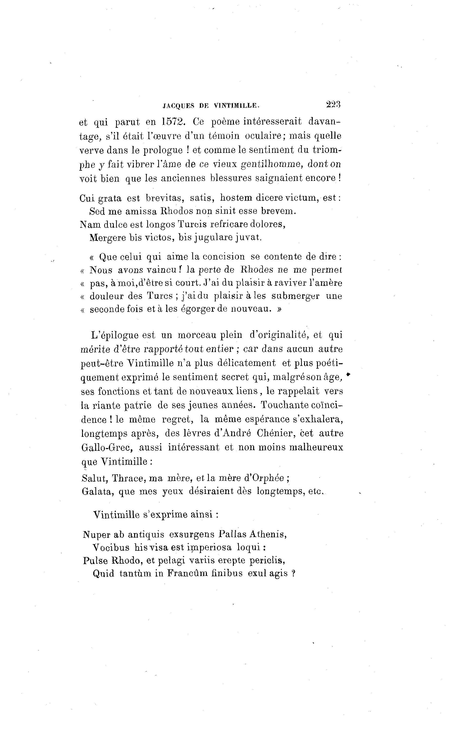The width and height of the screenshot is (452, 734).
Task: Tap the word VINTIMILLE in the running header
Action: click(x=236, y=105)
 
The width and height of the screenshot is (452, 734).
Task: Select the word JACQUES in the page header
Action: click(x=178, y=105)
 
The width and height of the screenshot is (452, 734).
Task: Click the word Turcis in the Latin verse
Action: click(x=192, y=224)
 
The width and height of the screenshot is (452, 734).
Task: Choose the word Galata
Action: click(x=97, y=491)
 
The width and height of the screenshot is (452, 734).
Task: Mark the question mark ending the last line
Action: click(x=293, y=573)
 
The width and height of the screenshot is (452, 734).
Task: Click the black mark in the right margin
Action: click(x=348, y=374)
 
